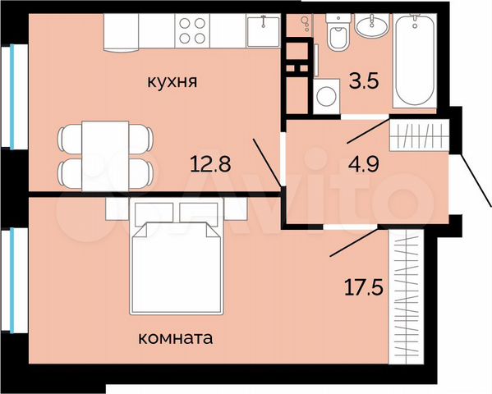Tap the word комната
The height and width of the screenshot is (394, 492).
pyautogui.click(x=178, y=337)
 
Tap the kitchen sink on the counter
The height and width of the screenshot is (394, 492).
pyautogui.click(x=262, y=32)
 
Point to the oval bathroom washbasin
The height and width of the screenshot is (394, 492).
pyautogui.click(x=372, y=25)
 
